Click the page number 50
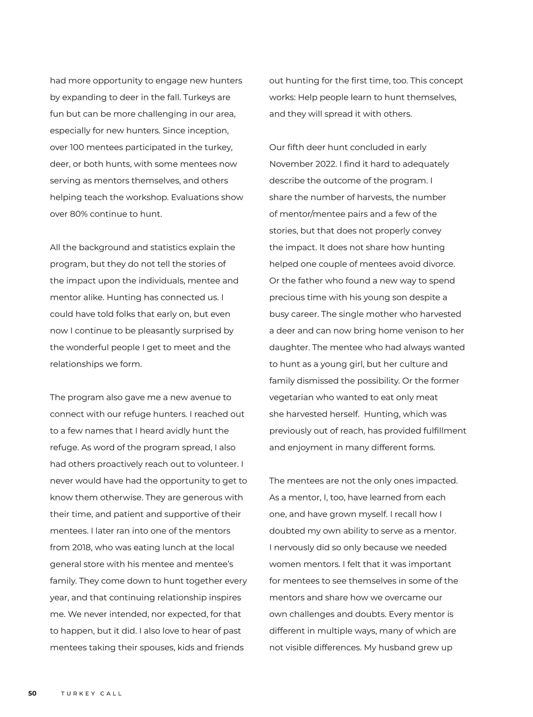[x=32, y=693]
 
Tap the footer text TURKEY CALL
[x=91, y=693]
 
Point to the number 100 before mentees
[x=77, y=147]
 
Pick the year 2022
[x=326, y=164]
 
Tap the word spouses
[x=157, y=647]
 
